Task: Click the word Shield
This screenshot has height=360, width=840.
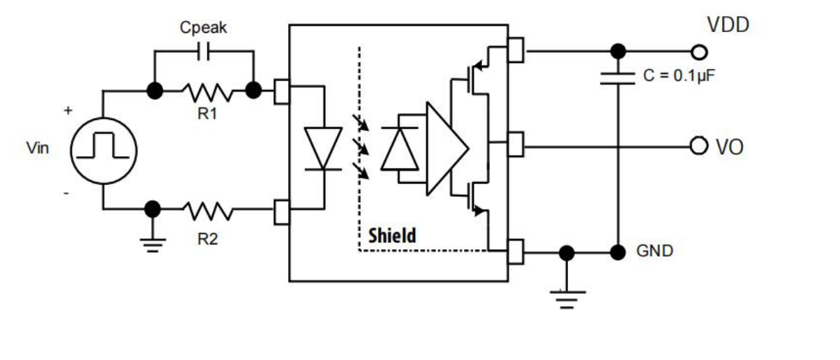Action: pos(392,235)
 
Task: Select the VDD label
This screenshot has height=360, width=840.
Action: pos(728,26)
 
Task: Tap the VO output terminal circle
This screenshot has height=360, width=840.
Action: pos(698,146)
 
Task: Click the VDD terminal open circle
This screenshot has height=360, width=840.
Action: pos(698,52)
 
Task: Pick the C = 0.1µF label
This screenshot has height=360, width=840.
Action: pos(678,76)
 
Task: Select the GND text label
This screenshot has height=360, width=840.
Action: pos(654,251)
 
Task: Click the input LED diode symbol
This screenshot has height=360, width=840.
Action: pos(323,149)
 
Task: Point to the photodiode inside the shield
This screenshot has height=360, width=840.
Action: pos(399,149)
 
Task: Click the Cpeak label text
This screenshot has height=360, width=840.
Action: pos(203,28)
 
